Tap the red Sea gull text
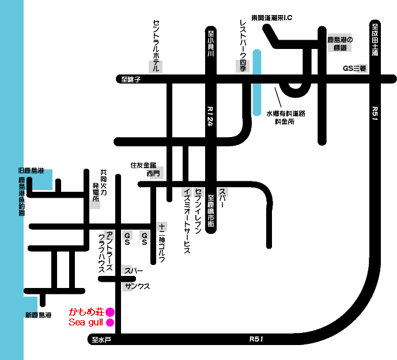click(x=85, y=323)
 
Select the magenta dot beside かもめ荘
click(x=110, y=312)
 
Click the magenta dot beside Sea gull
click(x=110, y=323)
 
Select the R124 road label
click(x=210, y=118)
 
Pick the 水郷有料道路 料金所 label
click(x=285, y=118)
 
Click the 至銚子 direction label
click(x=127, y=80)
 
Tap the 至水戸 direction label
click(x=101, y=339)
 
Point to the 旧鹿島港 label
click(x=31, y=170)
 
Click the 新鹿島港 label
click(x=38, y=315)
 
